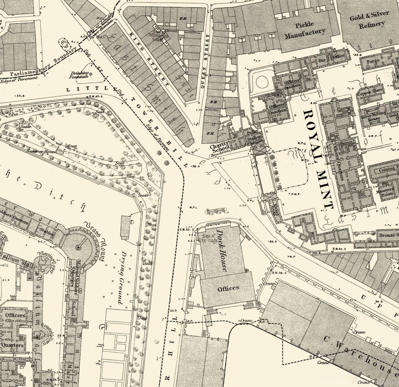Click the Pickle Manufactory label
305,31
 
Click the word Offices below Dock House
228,288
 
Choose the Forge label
373,61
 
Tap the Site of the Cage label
205,239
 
